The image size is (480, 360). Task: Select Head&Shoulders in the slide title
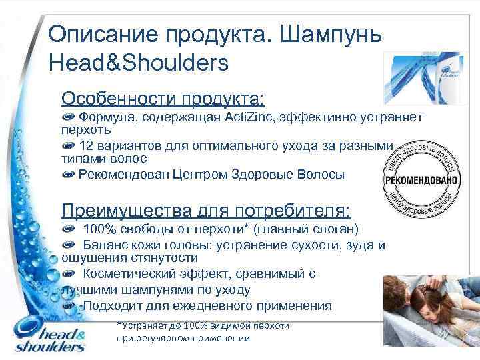click(x=139, y=63)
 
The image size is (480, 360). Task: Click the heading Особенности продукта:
click(x=163, y=99)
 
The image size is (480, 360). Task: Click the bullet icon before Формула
click(x=68, y=118)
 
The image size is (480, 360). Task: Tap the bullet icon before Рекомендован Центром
click(x=68, y=175)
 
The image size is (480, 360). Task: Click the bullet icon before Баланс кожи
click(x=68, y=245)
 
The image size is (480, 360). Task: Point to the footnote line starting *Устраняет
click(x=203, y=326)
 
